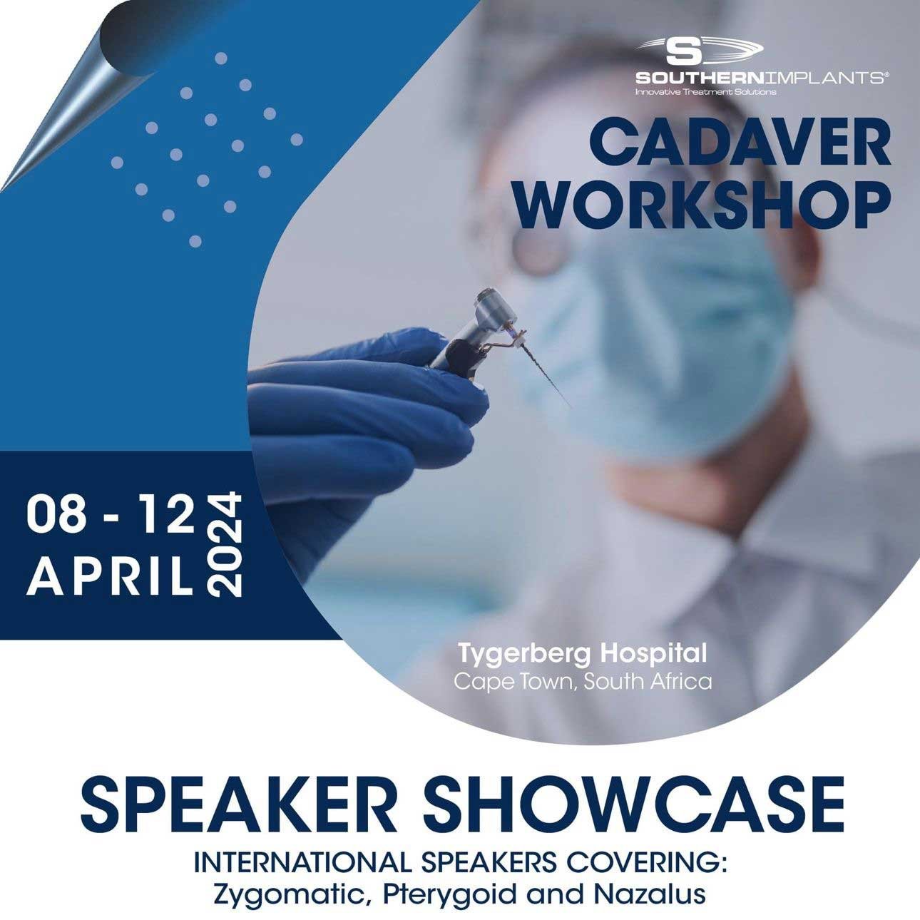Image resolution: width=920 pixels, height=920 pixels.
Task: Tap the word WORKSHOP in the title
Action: (704, 207)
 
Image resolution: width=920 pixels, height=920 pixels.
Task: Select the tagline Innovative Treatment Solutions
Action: (705, 91)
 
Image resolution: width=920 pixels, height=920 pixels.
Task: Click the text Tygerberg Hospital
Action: (583, 655)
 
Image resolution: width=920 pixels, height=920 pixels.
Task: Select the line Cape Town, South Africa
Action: (583, 682)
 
